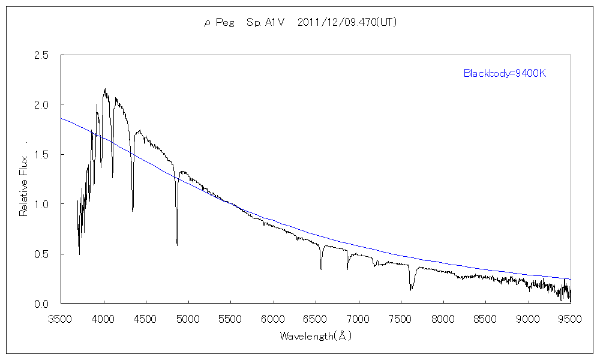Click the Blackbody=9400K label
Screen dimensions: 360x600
[504, 73]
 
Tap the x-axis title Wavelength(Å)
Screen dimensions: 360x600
[316, 336]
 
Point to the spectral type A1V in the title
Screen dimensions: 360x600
[267, 23]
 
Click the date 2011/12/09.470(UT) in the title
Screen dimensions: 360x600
[347, 23]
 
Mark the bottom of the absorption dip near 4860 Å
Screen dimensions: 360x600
[177, 245]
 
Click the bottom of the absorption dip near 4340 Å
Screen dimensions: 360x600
[133, 211]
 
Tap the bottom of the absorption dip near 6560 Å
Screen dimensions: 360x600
[321, 269]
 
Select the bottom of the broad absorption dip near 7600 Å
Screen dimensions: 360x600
[410, 290]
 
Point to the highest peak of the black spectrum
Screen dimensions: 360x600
[105, 89]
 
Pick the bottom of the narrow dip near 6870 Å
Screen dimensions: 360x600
[347, 269]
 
